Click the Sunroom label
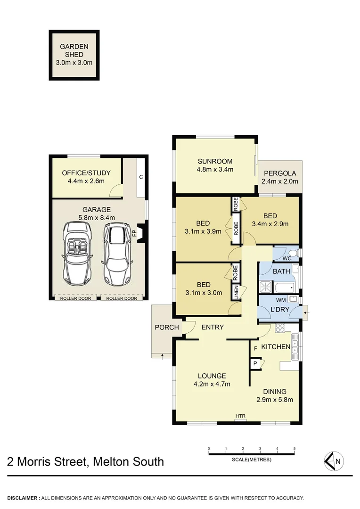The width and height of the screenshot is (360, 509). pos(215,162)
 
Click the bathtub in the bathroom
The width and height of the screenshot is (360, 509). pos(285,287)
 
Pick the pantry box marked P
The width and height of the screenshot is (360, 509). pos(255,363)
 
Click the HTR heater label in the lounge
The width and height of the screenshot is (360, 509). pos(240,416)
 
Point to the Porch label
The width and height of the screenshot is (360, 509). pos(167,328)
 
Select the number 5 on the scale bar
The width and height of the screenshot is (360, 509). pos(294,448)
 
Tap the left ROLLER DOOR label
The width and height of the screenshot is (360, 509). pos(76,298)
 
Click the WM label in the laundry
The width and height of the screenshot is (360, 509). pos(281,299)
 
